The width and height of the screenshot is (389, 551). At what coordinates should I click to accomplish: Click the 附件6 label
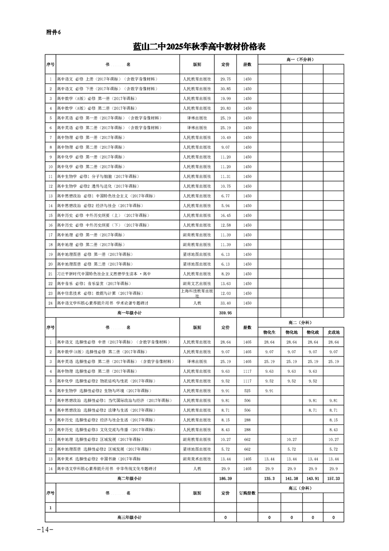coord(52,32)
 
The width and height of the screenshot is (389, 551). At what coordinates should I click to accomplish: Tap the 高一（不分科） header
coord(300,59)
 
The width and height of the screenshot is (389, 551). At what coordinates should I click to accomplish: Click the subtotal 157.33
coord(334,478)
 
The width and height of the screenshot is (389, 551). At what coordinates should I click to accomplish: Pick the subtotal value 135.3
coord(269,478)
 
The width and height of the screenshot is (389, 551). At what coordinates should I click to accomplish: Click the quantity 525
coord(247,390)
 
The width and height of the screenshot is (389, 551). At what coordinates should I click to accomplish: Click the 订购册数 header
coord(247,493)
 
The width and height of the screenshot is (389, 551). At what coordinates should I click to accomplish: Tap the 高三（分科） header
coord(300,488)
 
